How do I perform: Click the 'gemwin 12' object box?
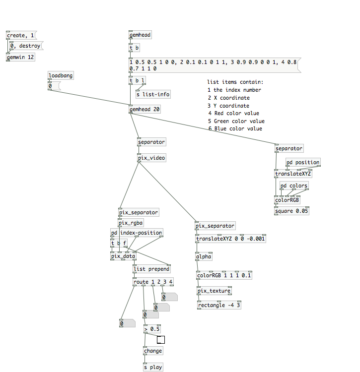pos(20,57)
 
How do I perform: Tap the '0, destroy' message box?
pos(25,46)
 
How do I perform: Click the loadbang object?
pos(61,75)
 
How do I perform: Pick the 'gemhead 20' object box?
pos(144,109)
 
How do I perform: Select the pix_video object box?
pos(151,158)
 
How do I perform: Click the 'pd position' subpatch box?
pos(303,162)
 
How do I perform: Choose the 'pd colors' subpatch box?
pos(294,186)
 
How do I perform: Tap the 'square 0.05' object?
pos(292,211)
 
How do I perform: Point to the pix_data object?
pos(123,256)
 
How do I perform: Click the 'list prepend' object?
pos(151,269)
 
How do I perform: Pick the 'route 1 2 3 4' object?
pos(153,282)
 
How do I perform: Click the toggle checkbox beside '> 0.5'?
pos(161,340)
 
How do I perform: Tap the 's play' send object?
pos(152,368)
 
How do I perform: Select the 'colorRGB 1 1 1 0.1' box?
pos(224,275)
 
